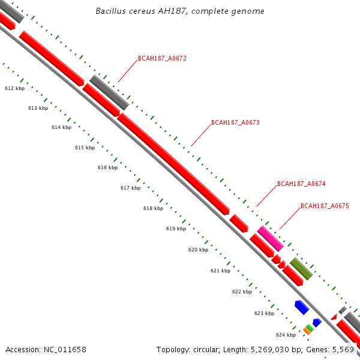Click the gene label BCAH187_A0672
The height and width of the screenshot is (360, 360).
162,59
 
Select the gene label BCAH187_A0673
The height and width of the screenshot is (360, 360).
235,122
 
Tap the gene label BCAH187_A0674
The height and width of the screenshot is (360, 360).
301,184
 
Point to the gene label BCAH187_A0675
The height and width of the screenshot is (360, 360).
325,206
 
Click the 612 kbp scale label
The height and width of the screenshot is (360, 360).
14,88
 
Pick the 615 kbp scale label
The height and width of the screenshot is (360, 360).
85,148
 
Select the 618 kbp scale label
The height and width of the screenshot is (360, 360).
153,208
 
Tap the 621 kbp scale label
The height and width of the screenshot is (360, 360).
220,271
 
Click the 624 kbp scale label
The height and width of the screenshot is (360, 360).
286,335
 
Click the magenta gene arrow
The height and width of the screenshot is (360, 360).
270,238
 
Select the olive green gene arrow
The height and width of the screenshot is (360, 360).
301,269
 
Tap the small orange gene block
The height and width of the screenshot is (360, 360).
307,331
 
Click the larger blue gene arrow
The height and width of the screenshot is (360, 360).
301,307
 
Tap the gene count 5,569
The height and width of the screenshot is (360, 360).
343,349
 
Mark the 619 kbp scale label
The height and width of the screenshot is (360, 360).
176,229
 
